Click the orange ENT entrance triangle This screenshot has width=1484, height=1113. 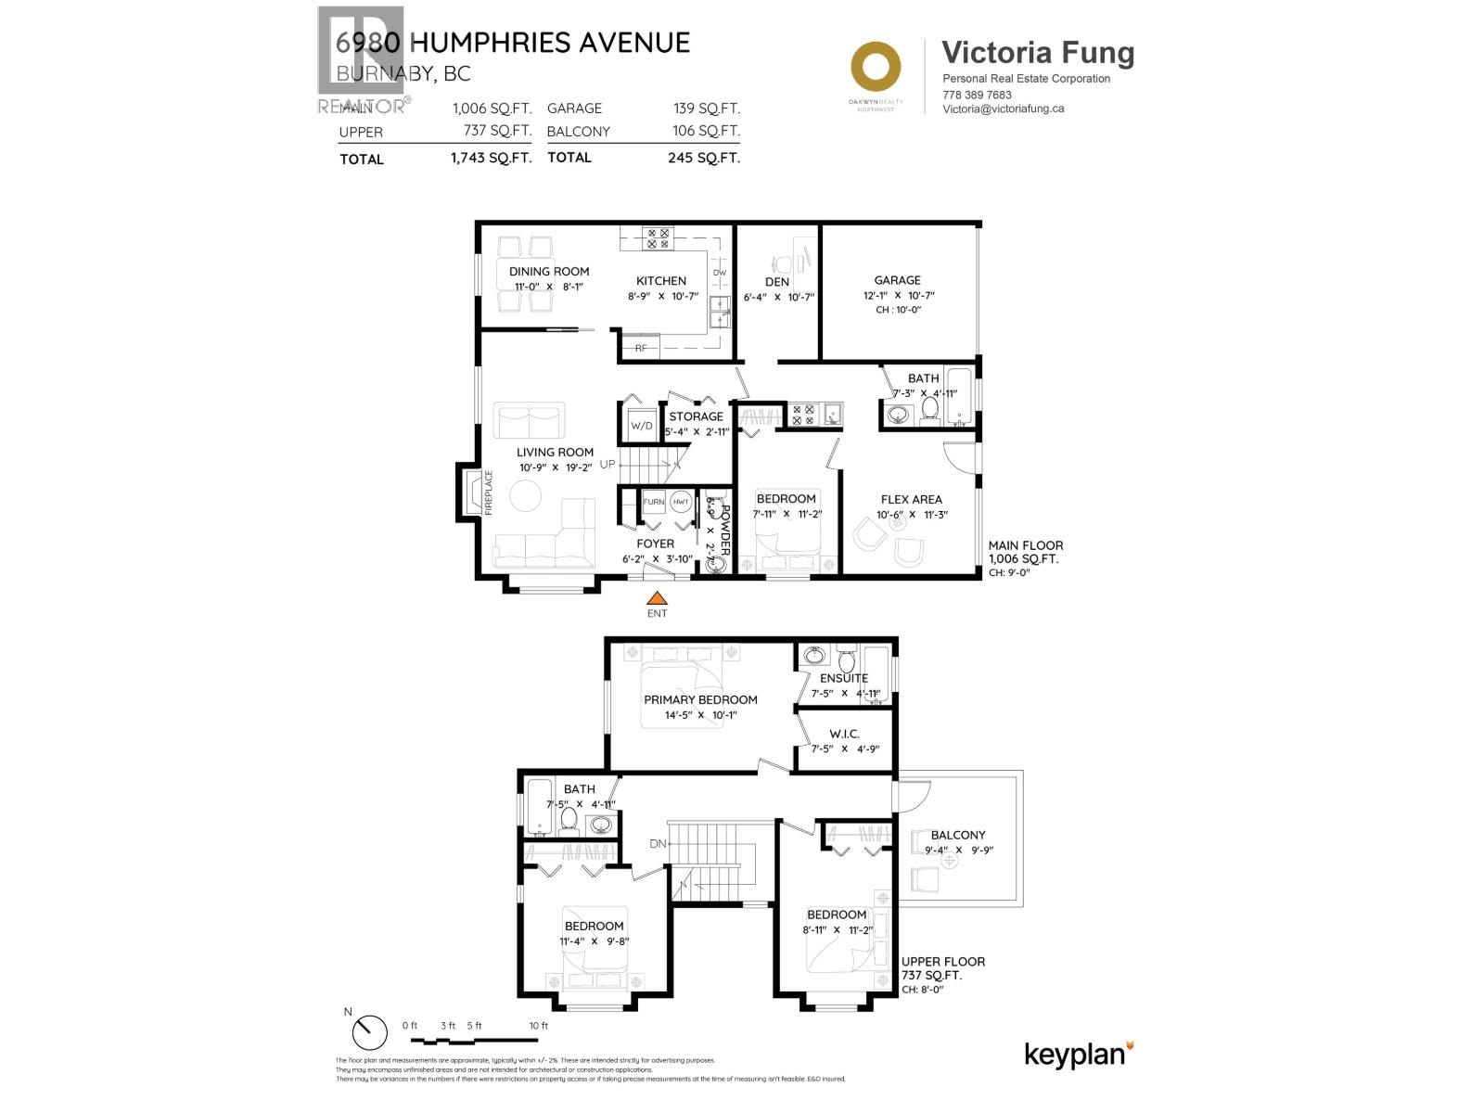click(657, 598)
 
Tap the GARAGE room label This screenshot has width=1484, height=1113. click(897, 280)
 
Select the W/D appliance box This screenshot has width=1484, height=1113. click(642, 426)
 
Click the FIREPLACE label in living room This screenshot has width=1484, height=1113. click(489, 493)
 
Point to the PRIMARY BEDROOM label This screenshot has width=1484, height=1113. click(700, 699)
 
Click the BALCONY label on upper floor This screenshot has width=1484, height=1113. click(958, 835)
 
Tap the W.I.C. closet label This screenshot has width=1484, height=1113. click(844, 734)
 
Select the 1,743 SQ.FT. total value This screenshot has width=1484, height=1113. click(491, 158)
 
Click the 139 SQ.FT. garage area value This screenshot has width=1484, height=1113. click(706, 109)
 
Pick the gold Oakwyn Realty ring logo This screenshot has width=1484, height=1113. click(876, 67)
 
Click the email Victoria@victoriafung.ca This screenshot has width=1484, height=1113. click(1003, 109)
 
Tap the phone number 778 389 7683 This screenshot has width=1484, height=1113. click(977, 95)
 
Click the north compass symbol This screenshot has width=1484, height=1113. click(369, 1031)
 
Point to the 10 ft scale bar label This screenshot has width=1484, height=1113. click(539, 1026)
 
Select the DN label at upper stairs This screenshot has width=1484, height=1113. click(658, 844)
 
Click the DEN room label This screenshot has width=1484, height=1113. click(777, 281)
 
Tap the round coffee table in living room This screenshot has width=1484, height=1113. click(526, 495)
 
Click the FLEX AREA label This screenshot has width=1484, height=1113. click(911, 499)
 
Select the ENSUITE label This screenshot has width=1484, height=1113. click(843, 678)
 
